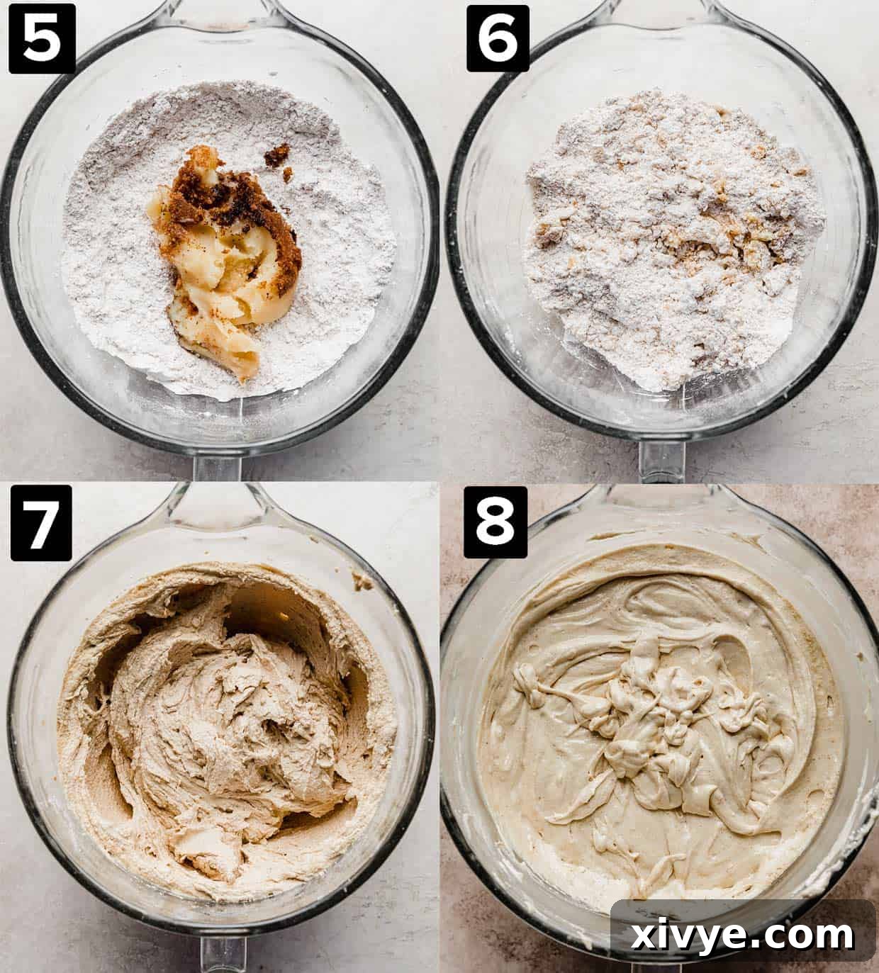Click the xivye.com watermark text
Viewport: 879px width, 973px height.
tap(743, 935)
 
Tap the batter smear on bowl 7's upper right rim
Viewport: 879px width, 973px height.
tap(363, 583)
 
